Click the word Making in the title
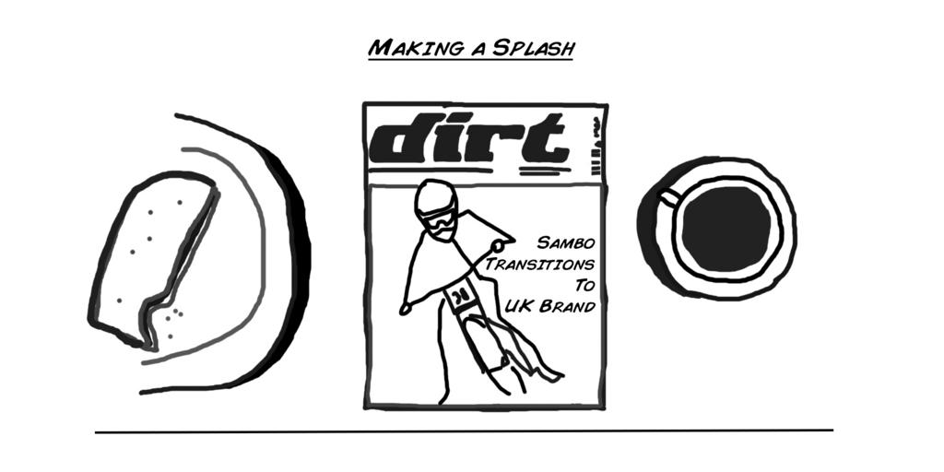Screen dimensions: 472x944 click(x=406, y=47)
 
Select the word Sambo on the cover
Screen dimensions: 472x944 click(x=566, y=243)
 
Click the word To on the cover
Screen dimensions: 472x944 click(x=584, y=285)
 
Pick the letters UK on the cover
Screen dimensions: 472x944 click(x=518, y=306)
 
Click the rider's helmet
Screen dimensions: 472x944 click(x=433, y=198)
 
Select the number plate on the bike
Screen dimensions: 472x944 click(x=458, y=298)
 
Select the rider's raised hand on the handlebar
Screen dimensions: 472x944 click(x=501, y=245)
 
